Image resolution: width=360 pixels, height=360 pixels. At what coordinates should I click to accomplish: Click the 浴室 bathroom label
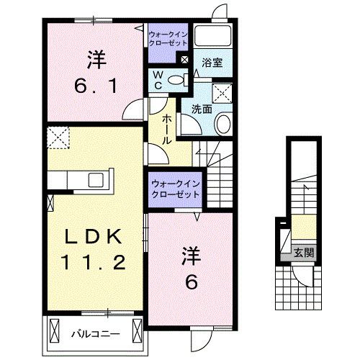tap(212, 63)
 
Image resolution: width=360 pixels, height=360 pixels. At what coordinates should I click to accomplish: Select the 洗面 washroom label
tap(201, 109)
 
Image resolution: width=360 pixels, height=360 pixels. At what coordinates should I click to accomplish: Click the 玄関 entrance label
tap(303, 252)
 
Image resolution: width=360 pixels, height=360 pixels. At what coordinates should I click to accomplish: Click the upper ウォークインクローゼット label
tap(168, 38)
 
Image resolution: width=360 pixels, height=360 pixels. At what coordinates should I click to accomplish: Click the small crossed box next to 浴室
tap(186, 62)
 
